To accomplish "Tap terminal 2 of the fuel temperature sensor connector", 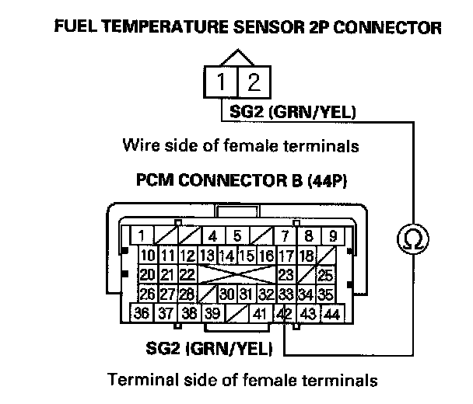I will coord(252,82).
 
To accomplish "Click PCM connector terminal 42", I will coord(285,314).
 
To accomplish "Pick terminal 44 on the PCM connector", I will coord(332,314).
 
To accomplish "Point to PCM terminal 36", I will coord(142,314).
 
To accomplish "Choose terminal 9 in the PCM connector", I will coord(332,235).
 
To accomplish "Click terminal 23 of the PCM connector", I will coord(286,274).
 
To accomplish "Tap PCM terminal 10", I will coord(148,256).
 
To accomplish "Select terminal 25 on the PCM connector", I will coord(326,274).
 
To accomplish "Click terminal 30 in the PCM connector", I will coord(226,294).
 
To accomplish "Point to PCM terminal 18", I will coord(306,256).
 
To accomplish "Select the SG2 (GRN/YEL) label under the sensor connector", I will coord(292,113).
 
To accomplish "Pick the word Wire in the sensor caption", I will coord(138,145).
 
